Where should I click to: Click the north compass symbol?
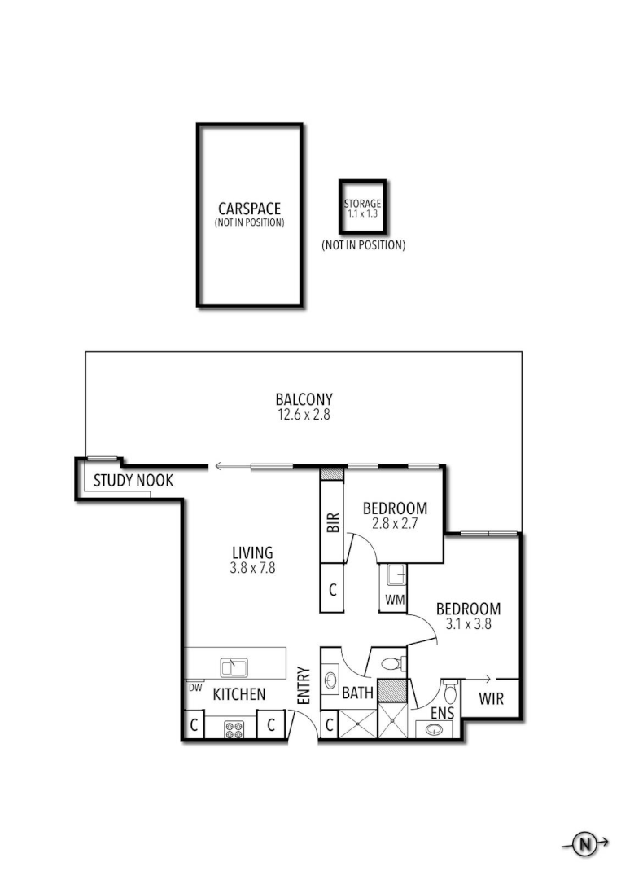click(584, 845)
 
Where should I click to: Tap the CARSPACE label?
click(249, 209)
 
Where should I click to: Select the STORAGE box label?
click(362, 204)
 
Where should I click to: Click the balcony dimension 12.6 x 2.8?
click(304, 414)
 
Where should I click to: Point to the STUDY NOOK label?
click(133, 480)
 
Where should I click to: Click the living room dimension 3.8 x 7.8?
click(251, 569)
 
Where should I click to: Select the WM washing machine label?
click(395, 601)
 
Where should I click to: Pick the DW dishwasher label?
click(195, 687)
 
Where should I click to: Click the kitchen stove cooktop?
click(234, 729)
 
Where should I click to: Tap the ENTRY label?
click(304, 687)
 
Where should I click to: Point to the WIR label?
click(491, 699)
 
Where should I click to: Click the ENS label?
click(443, 712)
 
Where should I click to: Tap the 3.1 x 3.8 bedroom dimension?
click(468, 624)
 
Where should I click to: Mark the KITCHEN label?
click(239, 694)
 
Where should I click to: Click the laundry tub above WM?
click(396, 576)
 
